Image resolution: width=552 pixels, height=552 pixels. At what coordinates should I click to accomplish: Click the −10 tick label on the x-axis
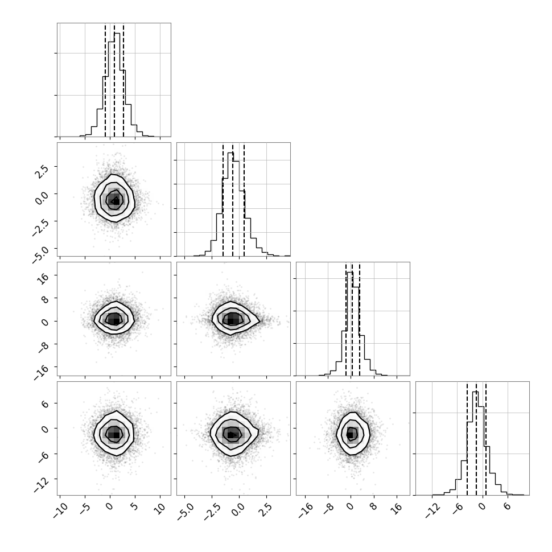click(60, 510)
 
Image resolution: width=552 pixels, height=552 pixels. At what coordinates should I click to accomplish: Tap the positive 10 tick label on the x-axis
click(159, 509)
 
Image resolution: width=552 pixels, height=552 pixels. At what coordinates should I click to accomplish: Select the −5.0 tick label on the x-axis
click(185, 511)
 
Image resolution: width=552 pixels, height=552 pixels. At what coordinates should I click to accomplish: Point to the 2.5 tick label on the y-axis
click(42, 171)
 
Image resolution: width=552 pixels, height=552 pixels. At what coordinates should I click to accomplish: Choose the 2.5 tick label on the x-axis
click(266, 509)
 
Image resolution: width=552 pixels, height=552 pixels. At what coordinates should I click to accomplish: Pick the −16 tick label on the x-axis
click(305, 510)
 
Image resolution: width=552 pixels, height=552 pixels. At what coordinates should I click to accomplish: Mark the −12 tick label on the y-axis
click(41, 485)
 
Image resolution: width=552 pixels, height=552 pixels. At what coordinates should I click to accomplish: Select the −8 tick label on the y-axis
click(43, 348)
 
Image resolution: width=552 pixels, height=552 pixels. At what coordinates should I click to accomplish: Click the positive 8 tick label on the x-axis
click(373, 506)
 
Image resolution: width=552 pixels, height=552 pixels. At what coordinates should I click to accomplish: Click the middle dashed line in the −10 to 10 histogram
click(114, 80)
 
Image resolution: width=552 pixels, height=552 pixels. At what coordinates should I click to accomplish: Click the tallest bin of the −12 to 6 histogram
click(475, 443)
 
